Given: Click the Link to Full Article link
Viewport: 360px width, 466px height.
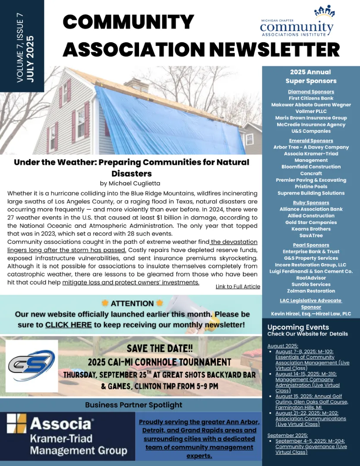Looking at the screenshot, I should point(238,287).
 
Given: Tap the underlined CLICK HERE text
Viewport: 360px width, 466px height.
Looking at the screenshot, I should point(68,324).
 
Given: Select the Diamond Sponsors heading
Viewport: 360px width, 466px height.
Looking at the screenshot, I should point(311,92).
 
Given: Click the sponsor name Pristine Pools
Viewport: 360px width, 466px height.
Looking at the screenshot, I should point(311,187).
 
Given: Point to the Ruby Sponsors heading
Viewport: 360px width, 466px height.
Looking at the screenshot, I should point(311,203).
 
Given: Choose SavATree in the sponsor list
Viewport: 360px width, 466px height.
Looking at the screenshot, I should point(311,236).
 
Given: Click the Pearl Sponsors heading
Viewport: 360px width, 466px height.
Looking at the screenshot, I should point(311,245).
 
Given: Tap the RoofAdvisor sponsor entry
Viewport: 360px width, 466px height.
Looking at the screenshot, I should point(311,278).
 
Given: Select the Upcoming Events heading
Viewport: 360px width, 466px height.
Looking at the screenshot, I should point(298,327).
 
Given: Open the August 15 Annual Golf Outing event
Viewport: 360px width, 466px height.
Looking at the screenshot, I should point(311,402).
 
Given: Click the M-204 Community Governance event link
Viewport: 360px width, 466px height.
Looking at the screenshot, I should point(311,447).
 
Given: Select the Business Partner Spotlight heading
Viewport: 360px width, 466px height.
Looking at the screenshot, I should point(133,405).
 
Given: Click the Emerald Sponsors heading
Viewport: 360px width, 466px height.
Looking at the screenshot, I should point(311,141).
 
